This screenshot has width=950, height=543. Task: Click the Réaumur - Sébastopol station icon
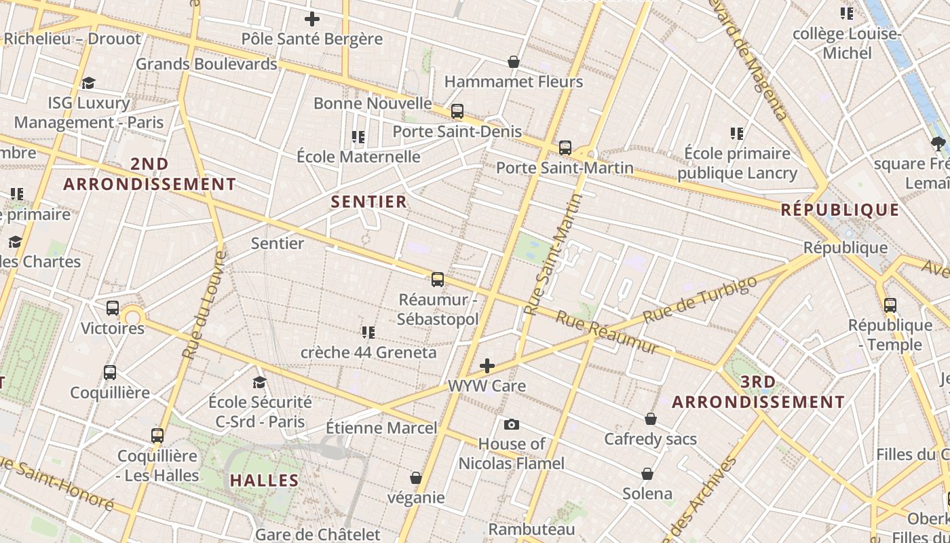pos(438,279)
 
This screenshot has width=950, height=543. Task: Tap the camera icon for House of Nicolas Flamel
pos(512,425)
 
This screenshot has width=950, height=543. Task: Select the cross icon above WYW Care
pos(487,367)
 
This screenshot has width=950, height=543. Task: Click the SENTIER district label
pos(369,202)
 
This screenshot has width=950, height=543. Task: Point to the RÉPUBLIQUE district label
pos(840,210)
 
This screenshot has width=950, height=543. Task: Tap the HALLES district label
pos(265,481)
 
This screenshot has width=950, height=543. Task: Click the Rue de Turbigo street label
pos(700,299)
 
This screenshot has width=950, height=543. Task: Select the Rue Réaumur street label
pos(607,332)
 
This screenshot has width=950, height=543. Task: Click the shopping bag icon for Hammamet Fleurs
pos(514,62)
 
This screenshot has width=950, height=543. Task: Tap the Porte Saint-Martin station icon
pos(565,148)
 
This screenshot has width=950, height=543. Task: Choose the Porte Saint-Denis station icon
pos(457,111)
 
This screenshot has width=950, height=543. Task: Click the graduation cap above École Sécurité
pos(259,382)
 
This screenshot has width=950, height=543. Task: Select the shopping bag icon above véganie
pos(416,479)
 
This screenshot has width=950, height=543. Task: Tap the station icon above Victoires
pos(113,308)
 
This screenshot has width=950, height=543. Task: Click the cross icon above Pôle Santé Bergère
pos(312,19)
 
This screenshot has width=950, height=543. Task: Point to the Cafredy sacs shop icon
pos(650,419)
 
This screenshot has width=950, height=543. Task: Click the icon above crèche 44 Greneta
pos(368,333)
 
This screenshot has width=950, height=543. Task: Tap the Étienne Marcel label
pos(381,428)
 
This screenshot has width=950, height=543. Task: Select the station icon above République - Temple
pos(890,305)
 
